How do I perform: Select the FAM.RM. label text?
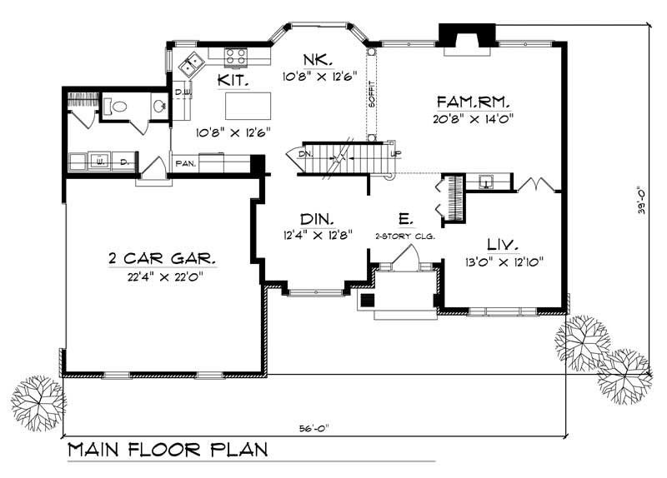pos(473,102)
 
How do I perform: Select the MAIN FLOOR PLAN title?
pos(167,451)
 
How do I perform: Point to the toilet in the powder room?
pos(116,107)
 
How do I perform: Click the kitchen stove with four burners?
pos(236,56)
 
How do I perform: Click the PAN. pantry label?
pos(184,164)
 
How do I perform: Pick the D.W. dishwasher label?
pos(183,92)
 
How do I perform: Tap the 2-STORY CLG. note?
pos(405,237)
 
